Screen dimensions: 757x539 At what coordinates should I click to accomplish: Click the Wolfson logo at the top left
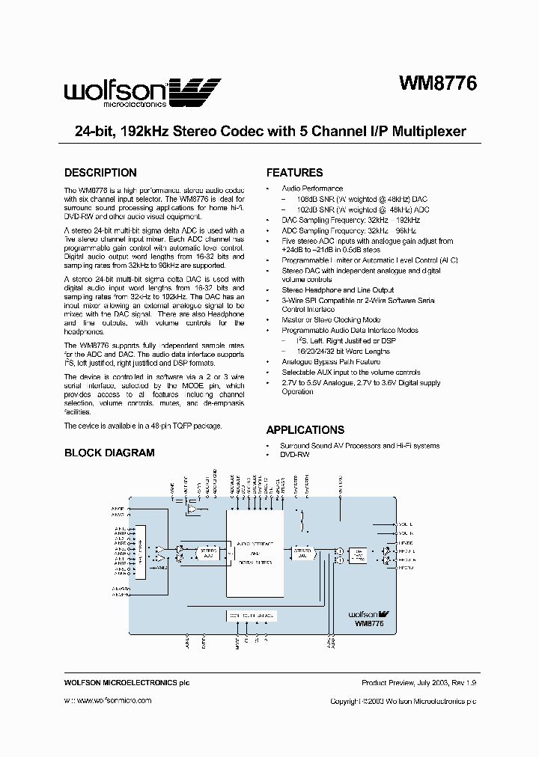(x=141, y=93)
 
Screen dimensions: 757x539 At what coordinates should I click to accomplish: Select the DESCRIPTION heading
(x=100, y=173)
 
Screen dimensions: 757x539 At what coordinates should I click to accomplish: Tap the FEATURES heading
(x=294, y=173)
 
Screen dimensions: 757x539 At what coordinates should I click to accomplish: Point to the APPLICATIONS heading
(x=305, y=430)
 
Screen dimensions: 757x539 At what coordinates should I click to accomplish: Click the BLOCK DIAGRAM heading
(x=109, y=453)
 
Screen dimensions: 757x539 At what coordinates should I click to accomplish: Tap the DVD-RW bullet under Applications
(x=294, y=455)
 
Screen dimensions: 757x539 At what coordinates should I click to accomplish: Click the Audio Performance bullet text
(x=312, y=189)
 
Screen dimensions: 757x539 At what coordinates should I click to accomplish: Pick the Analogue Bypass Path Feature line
(x=331, y=361)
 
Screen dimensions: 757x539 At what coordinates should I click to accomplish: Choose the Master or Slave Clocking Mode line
(x=331, y=319)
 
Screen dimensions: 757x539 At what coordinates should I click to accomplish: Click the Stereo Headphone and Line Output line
(x=338, y=290)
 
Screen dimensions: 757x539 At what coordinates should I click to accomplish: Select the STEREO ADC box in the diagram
(x=207, y=553)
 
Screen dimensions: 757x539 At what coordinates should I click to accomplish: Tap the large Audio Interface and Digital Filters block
(x=255, y=553)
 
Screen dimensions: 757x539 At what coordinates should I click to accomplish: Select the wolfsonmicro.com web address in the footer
(x=114, y=701)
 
